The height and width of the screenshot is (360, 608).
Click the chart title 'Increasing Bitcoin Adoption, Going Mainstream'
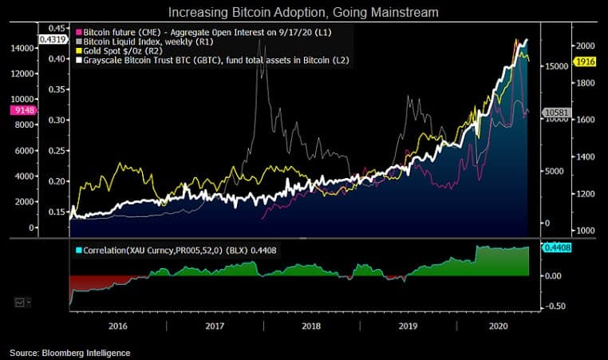(x=303, y=13)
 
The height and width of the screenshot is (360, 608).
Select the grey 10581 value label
(x=555, y=113)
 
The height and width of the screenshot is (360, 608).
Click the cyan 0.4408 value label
(x=557, y=248)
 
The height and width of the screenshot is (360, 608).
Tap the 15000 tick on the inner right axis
(x=555, y=66)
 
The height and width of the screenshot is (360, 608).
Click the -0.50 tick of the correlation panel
(x=556, y=306)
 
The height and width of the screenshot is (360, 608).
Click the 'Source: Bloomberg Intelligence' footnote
(x=70, y=352)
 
